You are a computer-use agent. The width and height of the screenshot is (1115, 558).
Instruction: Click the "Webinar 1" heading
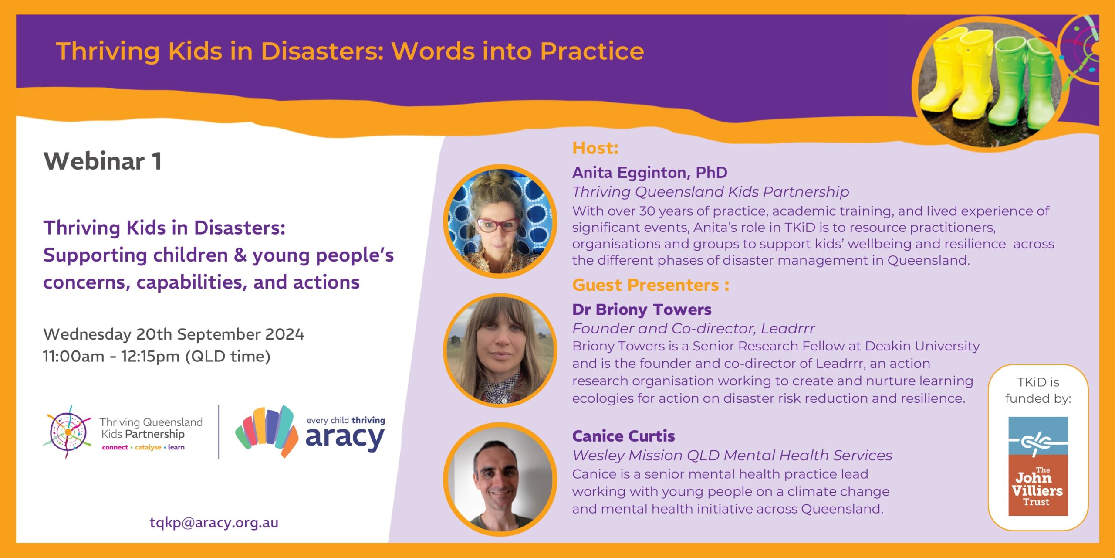(103, 161)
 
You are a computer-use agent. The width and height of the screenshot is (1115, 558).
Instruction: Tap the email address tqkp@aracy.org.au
(214, 522)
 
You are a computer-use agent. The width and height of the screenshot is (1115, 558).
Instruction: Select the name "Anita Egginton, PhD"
(649, 173)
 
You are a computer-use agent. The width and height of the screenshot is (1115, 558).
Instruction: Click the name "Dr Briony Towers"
(642, 310)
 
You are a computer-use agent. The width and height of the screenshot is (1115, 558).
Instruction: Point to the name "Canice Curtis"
(623, 436)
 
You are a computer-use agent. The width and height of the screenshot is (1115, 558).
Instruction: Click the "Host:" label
(595, 148)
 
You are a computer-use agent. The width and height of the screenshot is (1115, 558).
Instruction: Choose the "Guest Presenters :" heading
(651, 285)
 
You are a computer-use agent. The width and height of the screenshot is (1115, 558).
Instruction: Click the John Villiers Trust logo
(1038, 466)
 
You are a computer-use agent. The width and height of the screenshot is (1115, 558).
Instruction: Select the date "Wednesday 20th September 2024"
(174, 334)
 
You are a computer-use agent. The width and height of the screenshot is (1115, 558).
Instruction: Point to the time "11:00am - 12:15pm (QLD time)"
(157, 357)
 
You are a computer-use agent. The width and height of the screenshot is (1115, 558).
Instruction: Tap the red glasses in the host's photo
(498, 225)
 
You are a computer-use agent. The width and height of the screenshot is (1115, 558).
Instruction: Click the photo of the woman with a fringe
(500, 350)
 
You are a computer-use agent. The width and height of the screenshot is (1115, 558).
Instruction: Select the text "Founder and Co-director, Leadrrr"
(693, 328)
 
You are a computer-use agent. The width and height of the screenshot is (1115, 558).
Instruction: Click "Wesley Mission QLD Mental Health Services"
(732, 456)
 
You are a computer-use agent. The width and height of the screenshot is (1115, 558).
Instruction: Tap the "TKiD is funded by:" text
(1038, 390)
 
